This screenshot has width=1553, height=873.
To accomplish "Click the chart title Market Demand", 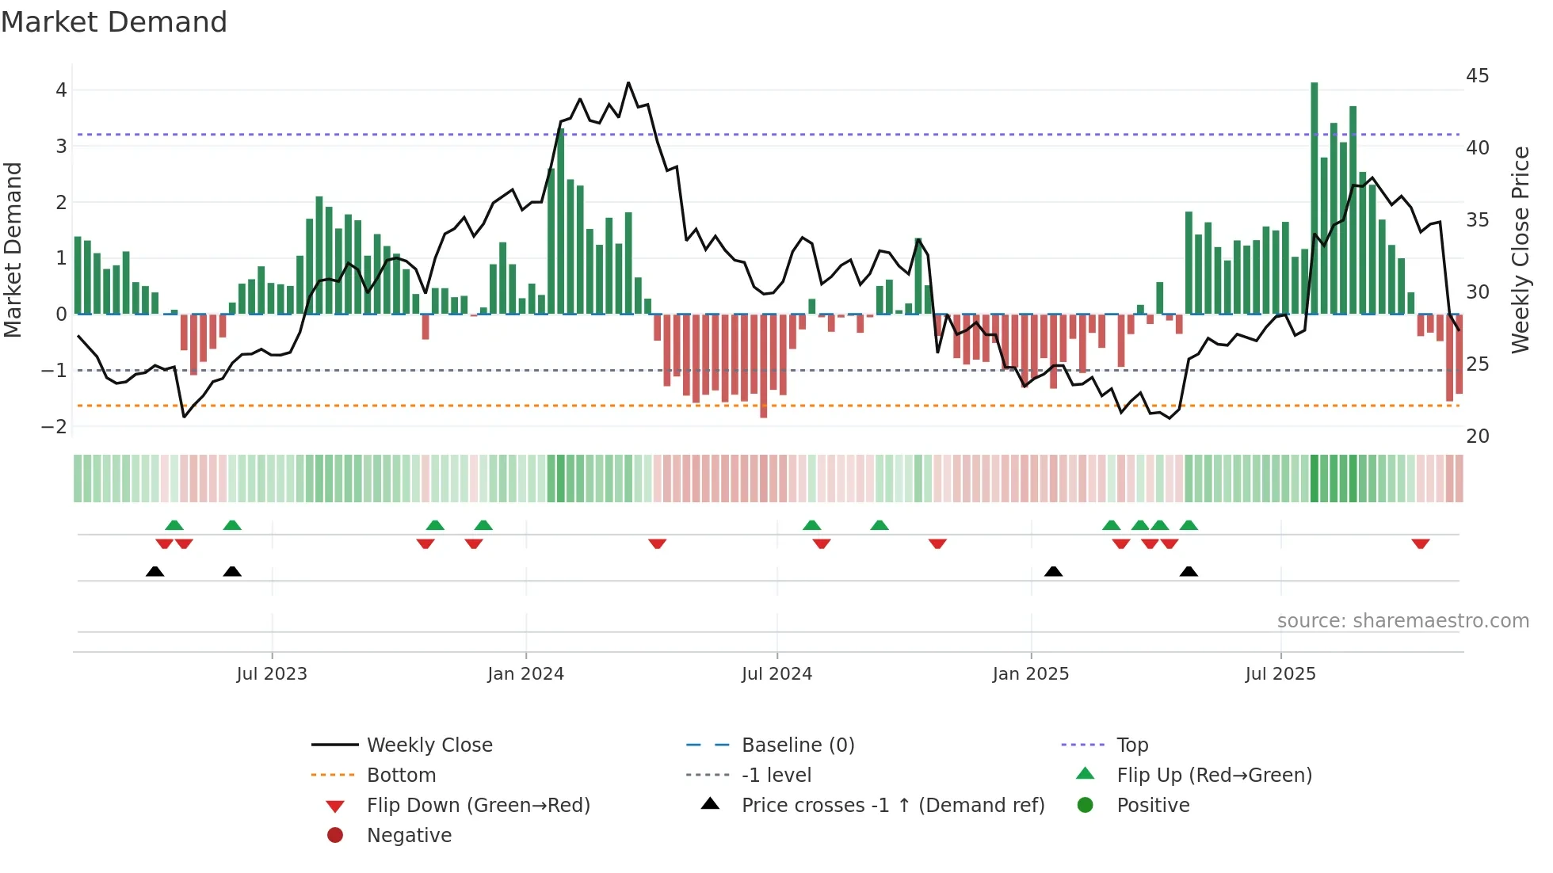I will tap(114, 22).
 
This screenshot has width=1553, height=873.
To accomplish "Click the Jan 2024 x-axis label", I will tap(525, 674).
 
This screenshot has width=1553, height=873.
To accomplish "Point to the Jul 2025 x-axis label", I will tap(1280, 674).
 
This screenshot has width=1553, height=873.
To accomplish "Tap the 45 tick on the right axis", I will tap(1477, 76).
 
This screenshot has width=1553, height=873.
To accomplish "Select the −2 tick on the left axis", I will tap(54, 427).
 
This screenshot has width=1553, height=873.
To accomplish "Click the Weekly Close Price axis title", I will tap(1520, 250).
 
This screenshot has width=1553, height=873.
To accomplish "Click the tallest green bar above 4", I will tap(1314, 198).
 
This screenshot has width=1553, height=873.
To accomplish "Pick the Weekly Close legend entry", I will tap(429, 745).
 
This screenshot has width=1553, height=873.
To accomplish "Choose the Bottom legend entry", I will tap(401, 776).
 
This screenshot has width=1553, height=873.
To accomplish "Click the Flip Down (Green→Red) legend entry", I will tap(478, 806).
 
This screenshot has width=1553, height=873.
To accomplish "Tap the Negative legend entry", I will tap(409, 836).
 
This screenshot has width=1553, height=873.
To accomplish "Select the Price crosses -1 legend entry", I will tap(892, 806).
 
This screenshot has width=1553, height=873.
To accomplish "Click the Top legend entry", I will tap(1131, 745).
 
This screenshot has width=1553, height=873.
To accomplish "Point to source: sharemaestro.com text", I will tap(1402, 621).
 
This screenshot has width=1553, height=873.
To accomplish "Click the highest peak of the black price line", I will tap(628, 82).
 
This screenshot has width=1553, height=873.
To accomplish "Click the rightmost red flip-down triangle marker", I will tap(1420, 543).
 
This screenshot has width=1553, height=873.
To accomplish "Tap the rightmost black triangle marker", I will tap(1188, 571).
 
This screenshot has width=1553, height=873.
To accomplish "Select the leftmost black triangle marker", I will tap(155, 571).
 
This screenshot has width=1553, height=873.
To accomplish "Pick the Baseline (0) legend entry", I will tap(797, 745).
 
